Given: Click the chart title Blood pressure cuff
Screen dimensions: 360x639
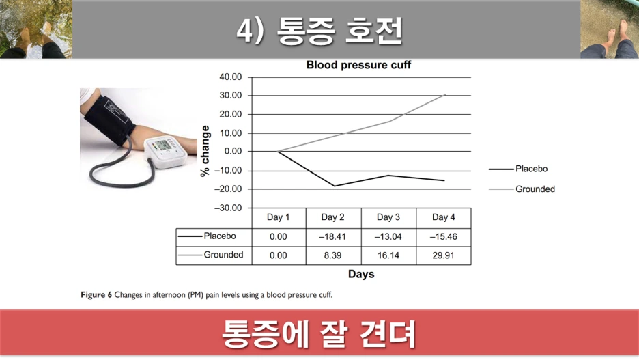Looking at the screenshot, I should pos(358,66).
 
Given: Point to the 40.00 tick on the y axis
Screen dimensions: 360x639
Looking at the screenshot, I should pos(230,77).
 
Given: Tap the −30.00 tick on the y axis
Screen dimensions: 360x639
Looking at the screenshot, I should pos(228,208).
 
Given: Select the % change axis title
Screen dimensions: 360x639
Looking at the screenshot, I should pos(205,150).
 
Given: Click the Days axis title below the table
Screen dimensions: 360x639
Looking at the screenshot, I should pos(361,275).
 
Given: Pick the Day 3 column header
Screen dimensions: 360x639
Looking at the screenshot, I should pos(388,217).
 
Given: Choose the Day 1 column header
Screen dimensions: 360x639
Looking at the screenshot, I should pos(278,217).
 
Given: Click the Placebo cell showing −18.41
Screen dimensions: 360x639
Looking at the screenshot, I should pos(332,236).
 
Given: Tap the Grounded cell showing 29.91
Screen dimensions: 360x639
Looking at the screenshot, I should pos(443,255).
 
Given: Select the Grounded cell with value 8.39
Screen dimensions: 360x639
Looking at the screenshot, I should pos(332,255).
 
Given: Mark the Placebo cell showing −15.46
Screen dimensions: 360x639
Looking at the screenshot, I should pos(443,236).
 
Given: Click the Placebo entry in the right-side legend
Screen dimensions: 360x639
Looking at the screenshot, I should pos(531,169).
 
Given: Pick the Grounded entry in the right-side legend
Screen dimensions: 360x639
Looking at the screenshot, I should pos(535,189).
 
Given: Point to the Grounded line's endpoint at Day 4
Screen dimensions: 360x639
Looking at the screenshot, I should pos(444,94).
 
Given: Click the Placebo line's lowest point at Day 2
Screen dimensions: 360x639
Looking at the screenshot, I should pos(334,186).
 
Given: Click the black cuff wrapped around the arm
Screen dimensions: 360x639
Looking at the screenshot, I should pos(109,120).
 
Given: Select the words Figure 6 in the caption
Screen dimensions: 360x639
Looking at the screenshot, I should pos(96,296).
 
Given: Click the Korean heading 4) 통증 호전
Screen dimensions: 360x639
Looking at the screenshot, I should pos(319,31).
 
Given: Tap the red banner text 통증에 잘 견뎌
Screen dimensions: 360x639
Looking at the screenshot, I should pos(319,335).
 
